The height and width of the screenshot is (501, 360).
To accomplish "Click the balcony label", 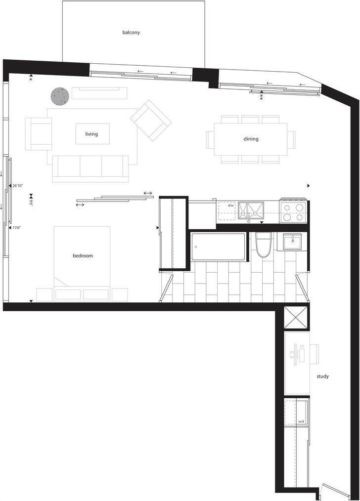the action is click(x=131, y=32).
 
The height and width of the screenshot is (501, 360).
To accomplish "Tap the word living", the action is click(x=91, y=134).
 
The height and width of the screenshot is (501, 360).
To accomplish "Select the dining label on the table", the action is click(x=251, y=139).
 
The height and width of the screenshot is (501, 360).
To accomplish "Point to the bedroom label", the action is click(x=83, y=255).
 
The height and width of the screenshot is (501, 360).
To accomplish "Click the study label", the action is click(x=322, y=376).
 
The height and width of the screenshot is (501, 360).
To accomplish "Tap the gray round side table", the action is click(x=60, y=95).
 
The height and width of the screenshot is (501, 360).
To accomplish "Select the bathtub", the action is click(x=219, y=247).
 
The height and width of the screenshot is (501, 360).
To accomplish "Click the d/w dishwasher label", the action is click(x=231, y=206).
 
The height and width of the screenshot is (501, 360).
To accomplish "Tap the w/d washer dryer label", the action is click(x=301, y=422).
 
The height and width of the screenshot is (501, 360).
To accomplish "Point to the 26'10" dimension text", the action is click(x=18, y=186).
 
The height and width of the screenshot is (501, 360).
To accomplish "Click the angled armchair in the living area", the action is click(x=151, y=120).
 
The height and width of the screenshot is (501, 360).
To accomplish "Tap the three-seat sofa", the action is click(x=90, y=168).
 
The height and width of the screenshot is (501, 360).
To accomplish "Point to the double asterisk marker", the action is click(x=262, y=97).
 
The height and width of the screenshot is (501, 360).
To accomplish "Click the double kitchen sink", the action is click(x=250, y=211).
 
